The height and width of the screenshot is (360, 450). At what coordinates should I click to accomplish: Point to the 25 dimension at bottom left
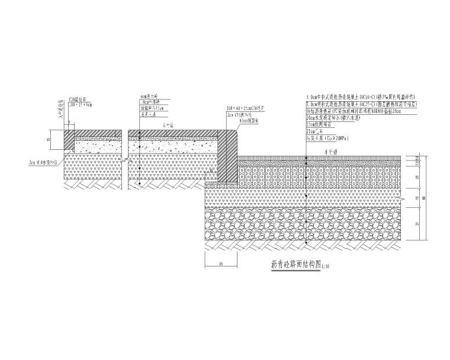click(x=220, y=263)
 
